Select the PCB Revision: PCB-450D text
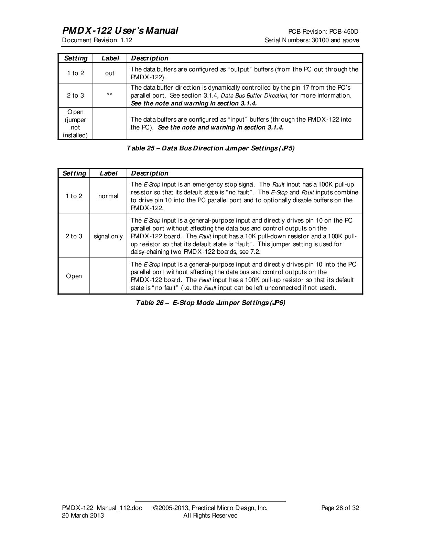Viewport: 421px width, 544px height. (323, 32)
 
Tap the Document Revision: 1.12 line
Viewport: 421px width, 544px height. (97, 40)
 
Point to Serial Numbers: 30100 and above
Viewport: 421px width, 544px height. (312, 40)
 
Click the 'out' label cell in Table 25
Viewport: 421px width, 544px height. (110, 73)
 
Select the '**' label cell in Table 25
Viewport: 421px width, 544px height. (110, 95)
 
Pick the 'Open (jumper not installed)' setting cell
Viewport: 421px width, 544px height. (75, 124)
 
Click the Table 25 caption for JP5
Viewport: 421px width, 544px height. (210, 148)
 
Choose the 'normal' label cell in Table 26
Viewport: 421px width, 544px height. (108, 196)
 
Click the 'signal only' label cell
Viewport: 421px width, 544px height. (108, 236)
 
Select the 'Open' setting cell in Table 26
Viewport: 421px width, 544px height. (74, 276)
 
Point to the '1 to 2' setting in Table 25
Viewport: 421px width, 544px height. (75, 73)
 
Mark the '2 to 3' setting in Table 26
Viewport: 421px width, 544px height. (74, 236)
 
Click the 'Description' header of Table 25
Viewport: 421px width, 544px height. (150, 58)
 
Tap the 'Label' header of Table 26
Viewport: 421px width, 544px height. (108, 173)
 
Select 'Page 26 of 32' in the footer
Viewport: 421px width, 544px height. (340, 508)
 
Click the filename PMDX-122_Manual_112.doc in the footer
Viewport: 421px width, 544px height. (102, 508)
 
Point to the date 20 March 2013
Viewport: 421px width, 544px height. (83, 515)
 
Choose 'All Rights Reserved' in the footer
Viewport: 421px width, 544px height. (210, 515)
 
